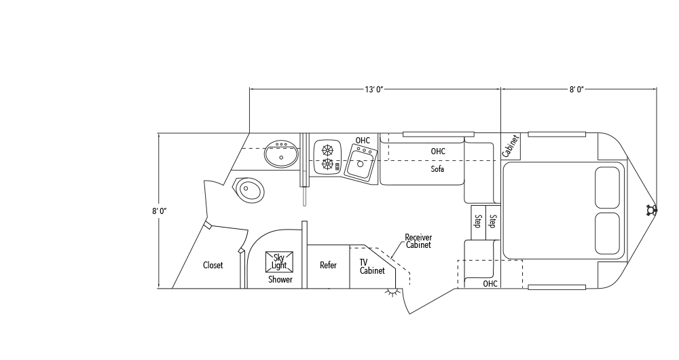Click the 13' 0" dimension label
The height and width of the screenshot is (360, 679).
coord(375,89)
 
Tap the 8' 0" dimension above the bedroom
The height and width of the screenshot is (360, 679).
coord(577,89)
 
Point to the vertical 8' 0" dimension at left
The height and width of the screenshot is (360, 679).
coord(160,211)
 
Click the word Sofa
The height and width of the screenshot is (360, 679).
coord(437,169)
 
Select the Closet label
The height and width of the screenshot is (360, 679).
coord(213,266)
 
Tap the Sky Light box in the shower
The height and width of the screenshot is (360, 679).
coord(280,262)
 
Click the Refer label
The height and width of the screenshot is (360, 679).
coord(328,266)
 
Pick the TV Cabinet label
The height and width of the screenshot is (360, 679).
coord(371,266)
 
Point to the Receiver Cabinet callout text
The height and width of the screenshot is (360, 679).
coord(418,241)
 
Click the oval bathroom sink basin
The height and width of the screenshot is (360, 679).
coord(280,154)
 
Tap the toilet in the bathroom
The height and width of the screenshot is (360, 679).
coord(249,189)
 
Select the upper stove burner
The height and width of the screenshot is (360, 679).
coord(328,150)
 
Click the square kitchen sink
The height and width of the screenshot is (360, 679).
coord(361,162)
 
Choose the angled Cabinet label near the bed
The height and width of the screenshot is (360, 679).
coord(511,147)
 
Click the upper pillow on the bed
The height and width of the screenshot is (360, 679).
coord(607,187)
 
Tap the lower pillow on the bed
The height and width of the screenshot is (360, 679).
coord(607,233)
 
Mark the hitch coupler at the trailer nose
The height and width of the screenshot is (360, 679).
coord(653,210)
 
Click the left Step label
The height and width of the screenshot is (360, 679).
coord(478,221)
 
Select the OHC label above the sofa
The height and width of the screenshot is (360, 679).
coord(438,151)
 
